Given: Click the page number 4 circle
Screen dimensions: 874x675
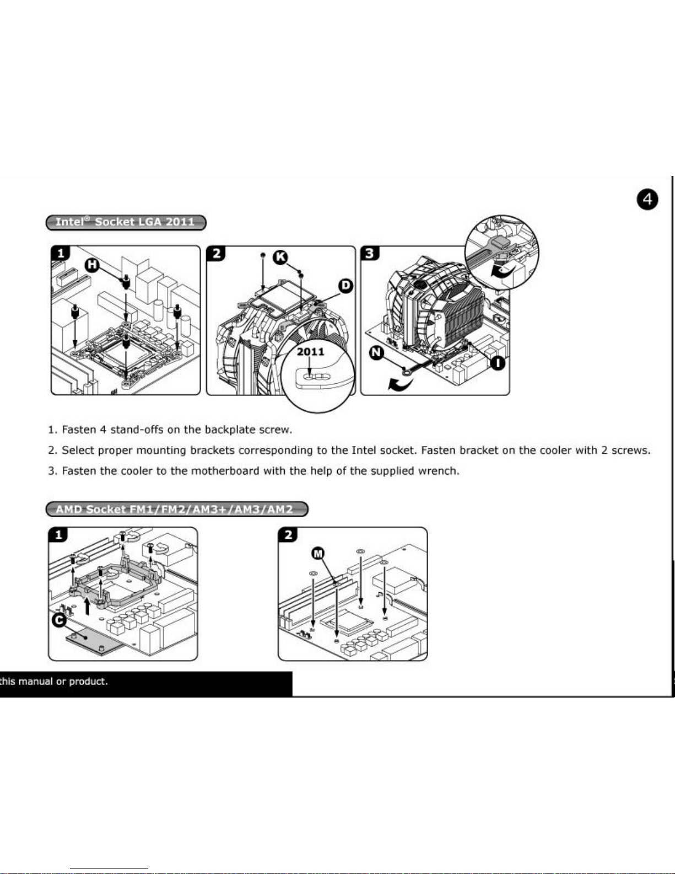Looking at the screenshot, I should [647, 199].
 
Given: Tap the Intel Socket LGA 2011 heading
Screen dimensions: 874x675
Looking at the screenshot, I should [126, 222].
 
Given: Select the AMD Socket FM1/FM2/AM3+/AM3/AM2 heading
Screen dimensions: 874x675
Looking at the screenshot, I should [176, 509].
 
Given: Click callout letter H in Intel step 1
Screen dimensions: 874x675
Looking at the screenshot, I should [91, 265].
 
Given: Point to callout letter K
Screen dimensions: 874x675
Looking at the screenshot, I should [281, 256].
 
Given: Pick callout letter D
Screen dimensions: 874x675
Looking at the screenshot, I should [345, 286].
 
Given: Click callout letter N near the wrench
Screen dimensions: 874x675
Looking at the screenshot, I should [376, 353].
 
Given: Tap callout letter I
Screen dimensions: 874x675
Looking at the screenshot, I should [498, 363].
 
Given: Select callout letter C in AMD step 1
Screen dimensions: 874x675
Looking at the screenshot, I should [59, 620].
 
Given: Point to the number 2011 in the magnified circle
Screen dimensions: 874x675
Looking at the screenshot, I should [311, 352].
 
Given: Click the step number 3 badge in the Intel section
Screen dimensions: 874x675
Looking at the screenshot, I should [369, 254].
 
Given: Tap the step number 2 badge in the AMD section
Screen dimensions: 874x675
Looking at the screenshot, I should [288, 534].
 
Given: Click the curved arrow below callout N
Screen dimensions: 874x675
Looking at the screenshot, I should [401, 384].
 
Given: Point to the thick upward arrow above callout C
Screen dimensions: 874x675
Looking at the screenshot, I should [87, 607].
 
